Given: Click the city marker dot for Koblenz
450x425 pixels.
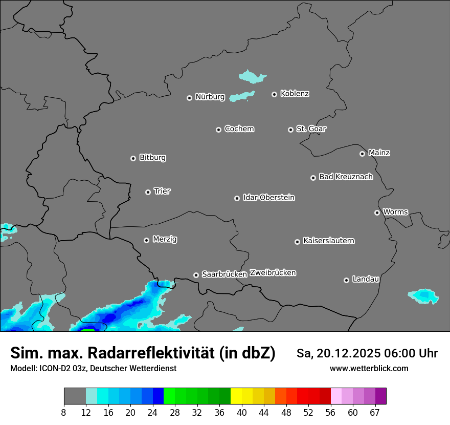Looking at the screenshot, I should tap(274, 94).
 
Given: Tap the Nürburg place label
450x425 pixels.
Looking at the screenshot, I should tap(210, 97).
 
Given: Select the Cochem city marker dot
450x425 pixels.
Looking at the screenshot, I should tap(218, 130).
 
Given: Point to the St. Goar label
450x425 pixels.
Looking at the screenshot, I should tap(311, 129).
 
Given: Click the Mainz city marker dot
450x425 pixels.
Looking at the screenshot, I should tap(362, 154).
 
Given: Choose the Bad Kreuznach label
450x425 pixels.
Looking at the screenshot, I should tap(346, 177).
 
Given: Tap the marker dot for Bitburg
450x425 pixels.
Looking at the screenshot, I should tap(133, 158).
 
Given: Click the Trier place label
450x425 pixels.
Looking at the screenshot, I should tap(162, 191).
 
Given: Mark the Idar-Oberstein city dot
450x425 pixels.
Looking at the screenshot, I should tap(237, 198).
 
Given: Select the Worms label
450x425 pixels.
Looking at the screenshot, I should tap(395, 211).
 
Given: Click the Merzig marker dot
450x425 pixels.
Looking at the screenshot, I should tap(146, 240).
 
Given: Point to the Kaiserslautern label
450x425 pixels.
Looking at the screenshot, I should tap(328, 241).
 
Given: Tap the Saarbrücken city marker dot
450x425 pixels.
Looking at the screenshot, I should tap(196, 275).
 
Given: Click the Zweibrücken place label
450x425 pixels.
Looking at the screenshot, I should tap(273, 272).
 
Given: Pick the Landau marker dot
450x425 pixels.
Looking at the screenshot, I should tap(346, 280).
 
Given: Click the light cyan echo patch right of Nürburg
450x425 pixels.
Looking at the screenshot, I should tap(242, 96).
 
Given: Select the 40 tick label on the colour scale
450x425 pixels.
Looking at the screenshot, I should tap(242, 412).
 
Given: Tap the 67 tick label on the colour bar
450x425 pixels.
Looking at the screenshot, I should tap(375, 412).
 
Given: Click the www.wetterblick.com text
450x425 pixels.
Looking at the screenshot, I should tap(369, 368).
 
